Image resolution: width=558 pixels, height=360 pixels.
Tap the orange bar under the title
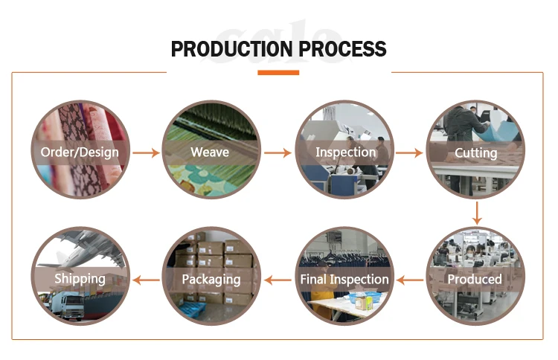click(x=278, y=73)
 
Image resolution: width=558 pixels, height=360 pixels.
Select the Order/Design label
click(x=80, y=153)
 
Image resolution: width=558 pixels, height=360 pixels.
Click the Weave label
click(x=210, y=153)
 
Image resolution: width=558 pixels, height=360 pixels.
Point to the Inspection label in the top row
click(x=346, y=152)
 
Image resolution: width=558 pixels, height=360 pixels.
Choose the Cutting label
click(x=476, y=153)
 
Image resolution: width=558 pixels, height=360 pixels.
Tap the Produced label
click(x=475, y=280)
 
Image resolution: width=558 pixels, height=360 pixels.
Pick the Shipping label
click(x=80, y=280)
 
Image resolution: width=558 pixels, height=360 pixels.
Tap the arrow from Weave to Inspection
click(x=278, y=153)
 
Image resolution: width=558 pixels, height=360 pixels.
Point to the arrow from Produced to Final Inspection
click(x=409, y=280)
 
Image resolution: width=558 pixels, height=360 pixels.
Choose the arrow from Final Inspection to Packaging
click(x=278, y=280)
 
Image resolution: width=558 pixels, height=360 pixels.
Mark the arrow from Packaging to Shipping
click(x=146, y=280)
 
